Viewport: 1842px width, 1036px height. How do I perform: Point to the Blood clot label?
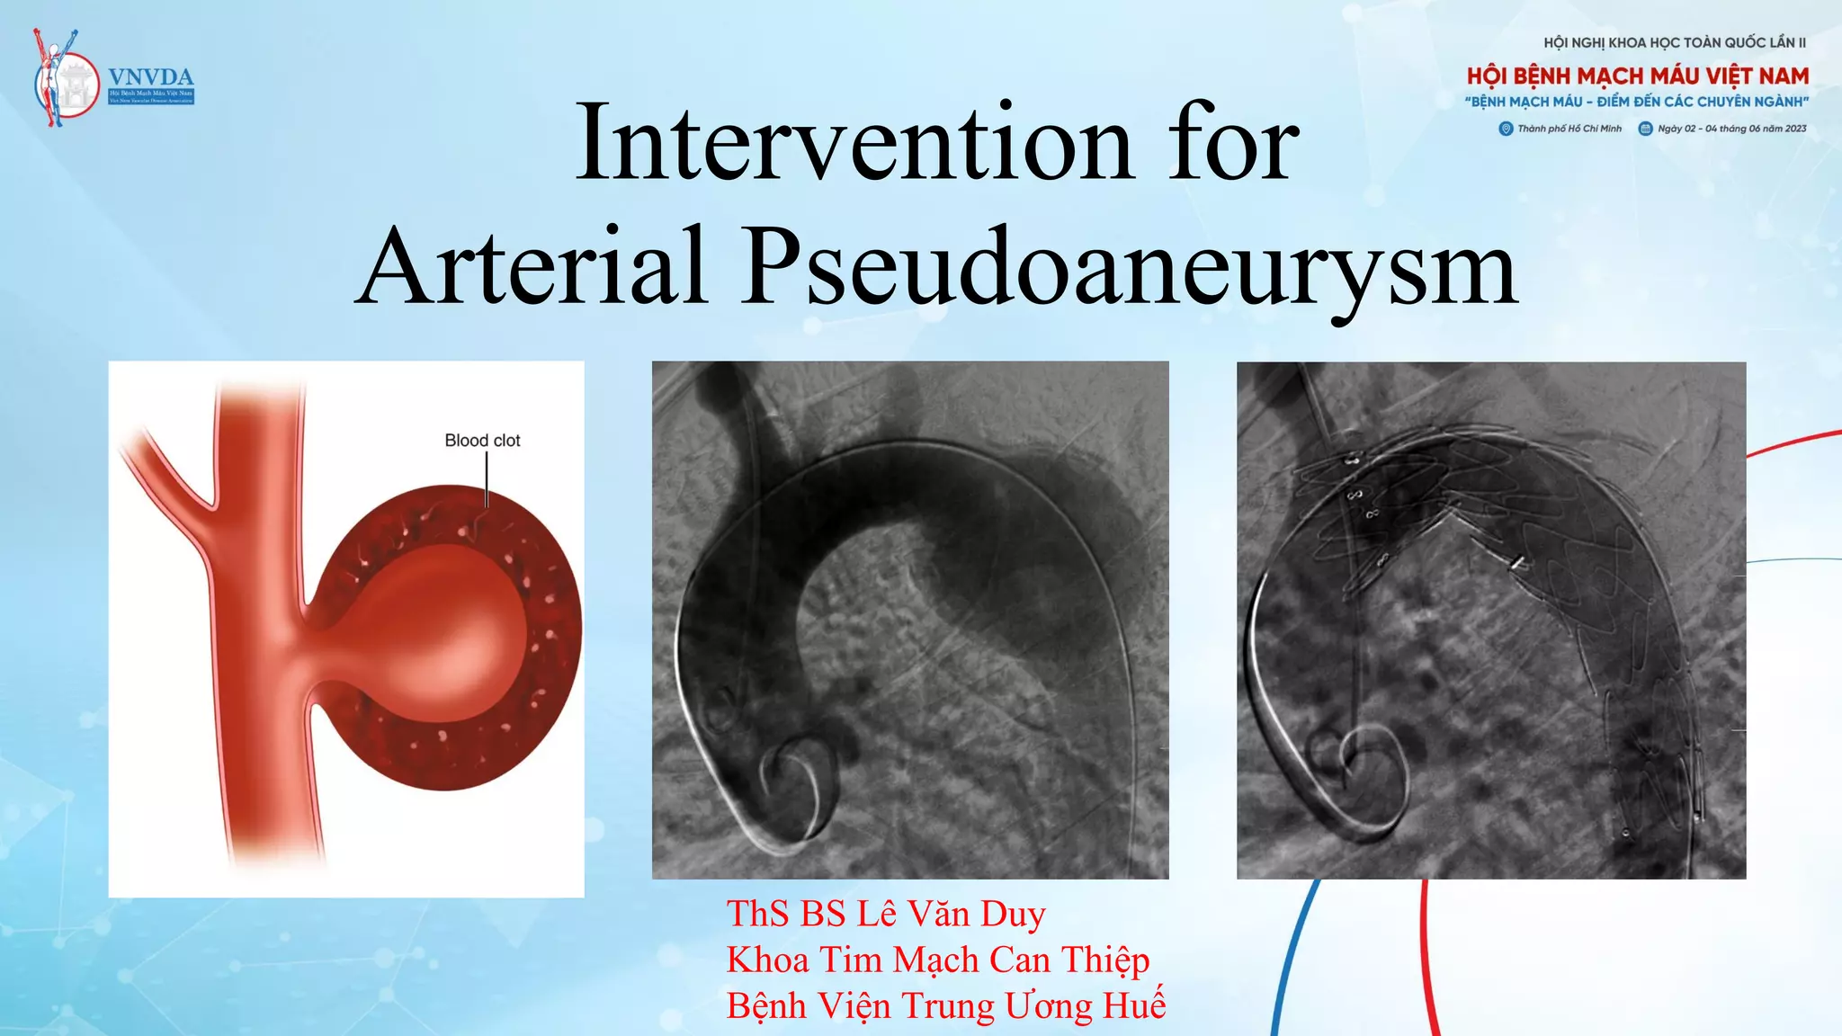[x=482, y=441]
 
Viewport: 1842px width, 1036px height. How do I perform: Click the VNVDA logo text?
[x=151, y=77]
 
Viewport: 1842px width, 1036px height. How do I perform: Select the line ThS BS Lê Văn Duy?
[x=886, y=914]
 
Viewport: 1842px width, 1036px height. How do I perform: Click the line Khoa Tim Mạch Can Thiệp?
[x=937, y=960]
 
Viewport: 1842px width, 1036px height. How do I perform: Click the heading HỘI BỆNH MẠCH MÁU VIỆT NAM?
[x=1637, y=76]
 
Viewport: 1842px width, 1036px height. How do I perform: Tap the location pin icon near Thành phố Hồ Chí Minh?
[x=1506, y=129]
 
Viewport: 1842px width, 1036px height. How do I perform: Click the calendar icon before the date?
[x=1645, y=129]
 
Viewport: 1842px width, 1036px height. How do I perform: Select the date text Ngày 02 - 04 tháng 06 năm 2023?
[x=1731, y=129]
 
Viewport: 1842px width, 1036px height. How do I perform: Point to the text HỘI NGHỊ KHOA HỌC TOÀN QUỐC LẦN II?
[x=1674, y=42]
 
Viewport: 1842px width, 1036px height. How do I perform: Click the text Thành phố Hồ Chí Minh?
[x=1569, y=129]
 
